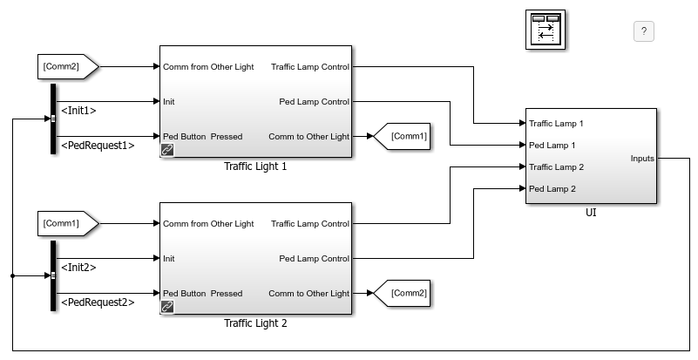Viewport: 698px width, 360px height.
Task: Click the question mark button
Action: pyautogui.click(x=643, y=31)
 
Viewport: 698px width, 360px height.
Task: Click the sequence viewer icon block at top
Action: pyautogui.click(x=546, y=31)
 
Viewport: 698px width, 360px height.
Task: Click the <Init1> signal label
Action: pyautogui.click(x=78, y=111)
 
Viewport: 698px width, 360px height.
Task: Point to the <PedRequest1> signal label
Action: pyautogui.click(x=97, y=146)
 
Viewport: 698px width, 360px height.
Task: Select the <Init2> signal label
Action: pyautogui.click(x=78, y=268)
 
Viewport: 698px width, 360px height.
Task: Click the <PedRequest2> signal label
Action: pyautogui.click(x=97, y=302)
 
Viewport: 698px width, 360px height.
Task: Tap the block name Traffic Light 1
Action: pyautogui.click(x=255, y=166)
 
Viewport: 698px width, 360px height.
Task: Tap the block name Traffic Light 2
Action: pyautogui.click(x=255, y=323)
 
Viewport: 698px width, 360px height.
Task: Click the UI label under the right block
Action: pyautogui.click(x=590, y=211)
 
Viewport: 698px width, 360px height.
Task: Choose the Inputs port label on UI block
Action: pyautogui.click(x=641, y=159)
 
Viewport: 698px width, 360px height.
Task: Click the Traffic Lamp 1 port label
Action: pyautogui.click(x=556, y=124)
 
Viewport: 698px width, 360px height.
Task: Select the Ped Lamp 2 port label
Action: pyautogui.click(x=552, y=188)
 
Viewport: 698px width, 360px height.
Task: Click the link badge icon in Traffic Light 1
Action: pyautogui.click(x=166, y=151)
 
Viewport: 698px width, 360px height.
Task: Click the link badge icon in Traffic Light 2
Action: pyautogui.click(x=166, y=308)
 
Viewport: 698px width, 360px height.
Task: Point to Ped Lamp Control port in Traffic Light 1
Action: pyautogui.click(x=314, y=102)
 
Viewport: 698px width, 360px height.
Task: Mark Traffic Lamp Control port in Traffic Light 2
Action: pyautogui.click(x=309, y=224)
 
